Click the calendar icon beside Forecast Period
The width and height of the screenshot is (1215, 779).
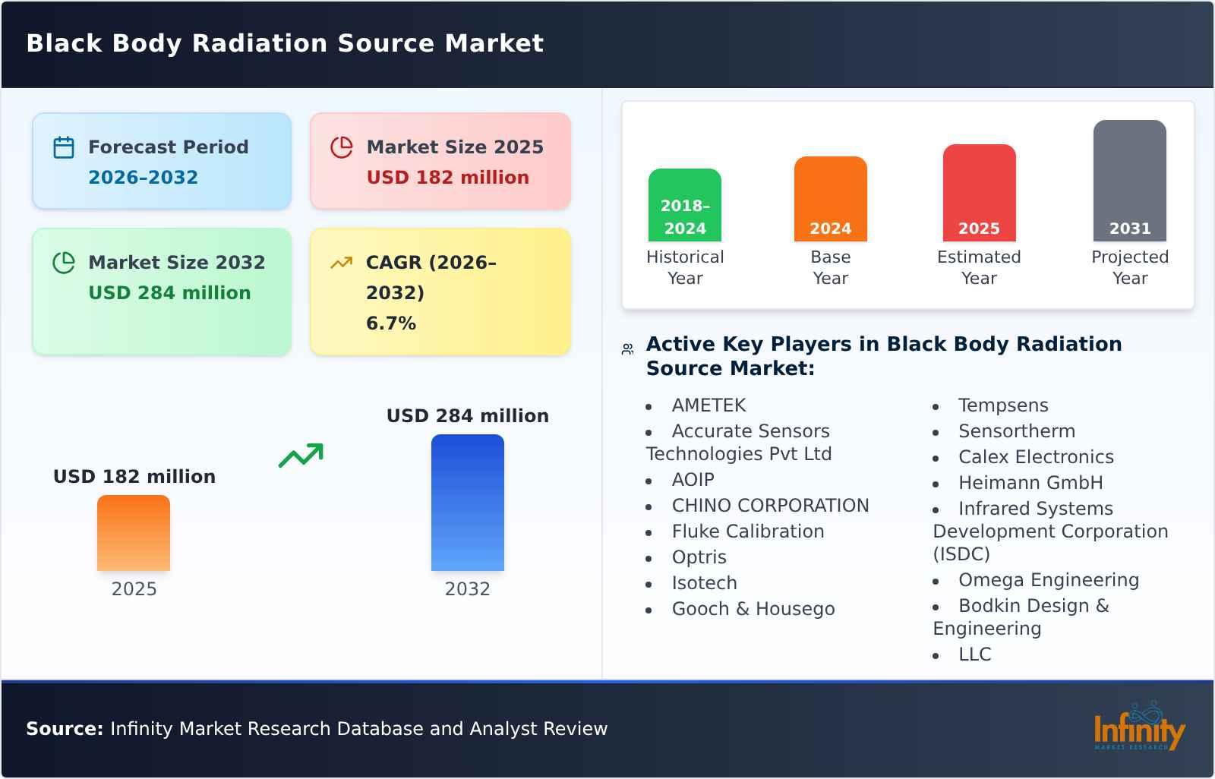(x=64, y=147)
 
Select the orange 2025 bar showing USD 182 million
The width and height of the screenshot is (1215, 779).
(x=134, y=533)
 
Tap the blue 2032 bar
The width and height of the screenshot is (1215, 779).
(x=467, y=503)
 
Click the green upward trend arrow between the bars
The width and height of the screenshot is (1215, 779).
(x=301, y=455)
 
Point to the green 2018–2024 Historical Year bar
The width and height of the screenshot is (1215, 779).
(x=684, y=205)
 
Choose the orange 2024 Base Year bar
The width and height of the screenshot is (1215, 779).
(x=830, y=199)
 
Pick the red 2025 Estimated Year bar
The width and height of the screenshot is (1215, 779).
(x=979, y=193)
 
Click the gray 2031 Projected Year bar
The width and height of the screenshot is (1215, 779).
(x=1129, y=181)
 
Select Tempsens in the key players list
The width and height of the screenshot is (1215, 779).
(x=1002, y=405)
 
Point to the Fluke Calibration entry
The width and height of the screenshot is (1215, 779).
(x=747, y=531)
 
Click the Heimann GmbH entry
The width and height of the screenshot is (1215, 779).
(x=1030, y=483)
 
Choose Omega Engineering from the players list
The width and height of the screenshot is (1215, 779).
(x=1048, y=580)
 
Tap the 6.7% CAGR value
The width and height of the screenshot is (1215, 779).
(x=391, y=323)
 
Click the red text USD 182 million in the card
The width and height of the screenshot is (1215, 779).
(x=447, y=178)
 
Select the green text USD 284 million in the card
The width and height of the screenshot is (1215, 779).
(x=169, y=293)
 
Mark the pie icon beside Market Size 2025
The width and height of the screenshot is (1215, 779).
(x=342, y=147)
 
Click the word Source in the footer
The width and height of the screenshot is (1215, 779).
(x=64, y=729)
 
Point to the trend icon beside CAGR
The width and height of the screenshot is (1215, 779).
(x=342, y=263)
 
